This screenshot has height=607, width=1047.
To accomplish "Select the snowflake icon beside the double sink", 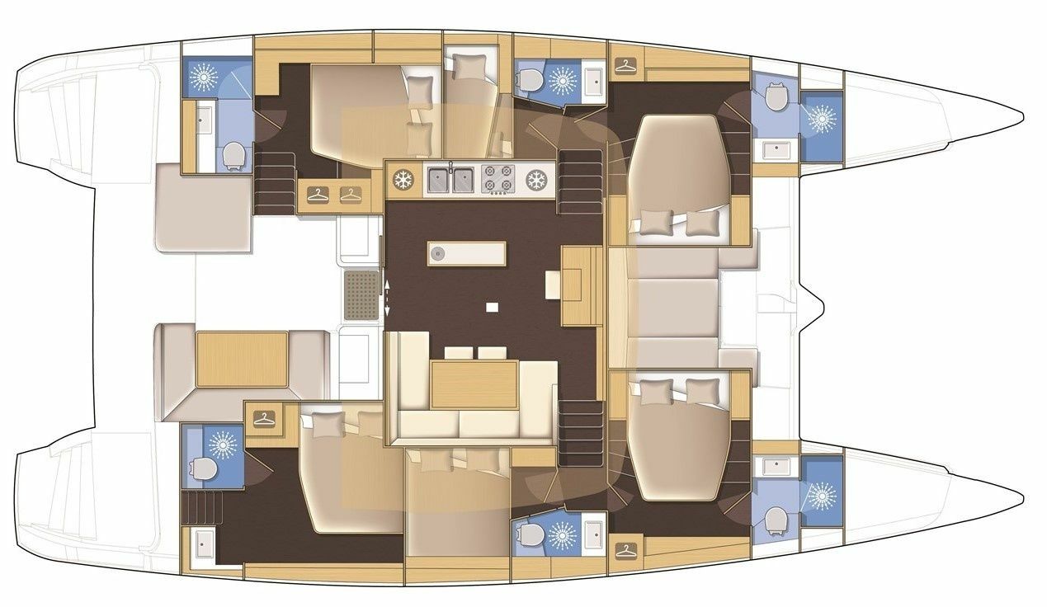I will (x=403, y=180).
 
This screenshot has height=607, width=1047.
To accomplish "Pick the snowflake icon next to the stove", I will (x=537, y=180).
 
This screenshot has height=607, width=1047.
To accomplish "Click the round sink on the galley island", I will (x=438, y=253).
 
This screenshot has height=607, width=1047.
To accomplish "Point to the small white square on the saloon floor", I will (x=492, y=308).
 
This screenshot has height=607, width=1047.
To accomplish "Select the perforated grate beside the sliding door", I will (x=361, y=294).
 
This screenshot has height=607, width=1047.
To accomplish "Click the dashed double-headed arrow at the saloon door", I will (x=387, y=297).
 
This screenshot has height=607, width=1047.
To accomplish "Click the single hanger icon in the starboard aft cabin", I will (x=264, y=418).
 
